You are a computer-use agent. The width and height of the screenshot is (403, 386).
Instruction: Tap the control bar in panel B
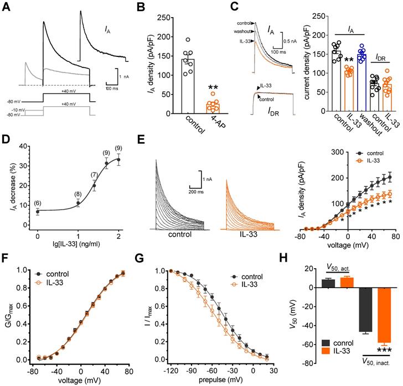pyautogui.click(x=188, y=86)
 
